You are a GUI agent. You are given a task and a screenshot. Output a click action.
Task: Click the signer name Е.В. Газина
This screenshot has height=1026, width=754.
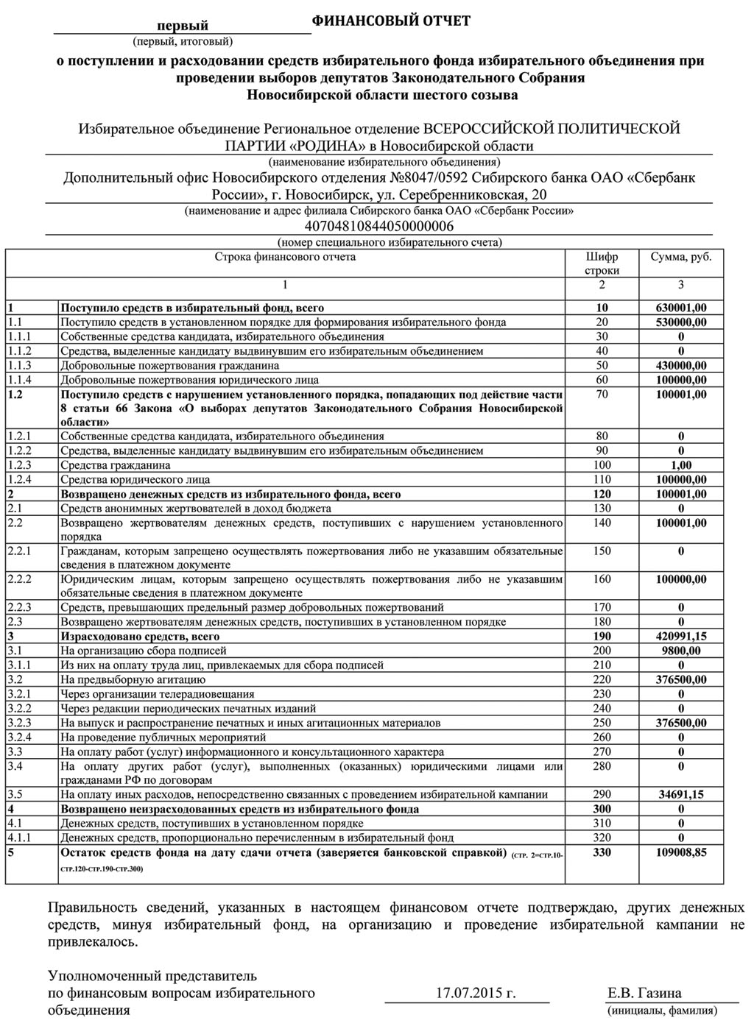644,993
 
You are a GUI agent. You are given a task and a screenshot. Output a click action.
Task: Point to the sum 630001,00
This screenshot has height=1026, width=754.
681,308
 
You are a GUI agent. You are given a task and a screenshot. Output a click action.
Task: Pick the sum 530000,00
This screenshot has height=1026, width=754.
681,322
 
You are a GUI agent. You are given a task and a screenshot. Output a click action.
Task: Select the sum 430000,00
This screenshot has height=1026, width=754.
681,366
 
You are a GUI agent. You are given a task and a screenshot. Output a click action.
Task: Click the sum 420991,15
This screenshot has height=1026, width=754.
681,637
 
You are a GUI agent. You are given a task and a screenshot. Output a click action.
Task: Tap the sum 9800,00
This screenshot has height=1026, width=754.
681,651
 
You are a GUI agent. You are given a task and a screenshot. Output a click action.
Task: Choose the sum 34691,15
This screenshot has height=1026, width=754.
681,795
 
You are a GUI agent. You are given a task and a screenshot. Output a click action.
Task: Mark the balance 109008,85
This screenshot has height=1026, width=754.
681,852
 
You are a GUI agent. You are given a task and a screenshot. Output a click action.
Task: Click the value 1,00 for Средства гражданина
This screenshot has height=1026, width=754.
681,465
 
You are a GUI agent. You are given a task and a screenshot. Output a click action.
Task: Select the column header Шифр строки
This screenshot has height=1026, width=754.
602,263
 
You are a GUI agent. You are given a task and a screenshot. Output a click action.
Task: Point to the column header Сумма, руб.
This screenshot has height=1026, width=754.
681,258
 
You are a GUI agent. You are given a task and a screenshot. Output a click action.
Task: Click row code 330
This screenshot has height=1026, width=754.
602,852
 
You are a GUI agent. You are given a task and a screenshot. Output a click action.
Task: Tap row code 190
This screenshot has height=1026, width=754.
602,637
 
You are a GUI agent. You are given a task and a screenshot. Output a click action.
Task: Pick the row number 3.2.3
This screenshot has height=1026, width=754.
20,723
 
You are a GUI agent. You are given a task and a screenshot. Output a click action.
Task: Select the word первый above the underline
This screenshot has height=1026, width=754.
188,26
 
